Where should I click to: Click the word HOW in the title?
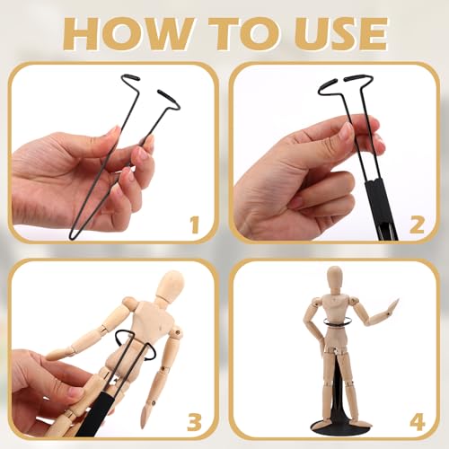pos(128,34)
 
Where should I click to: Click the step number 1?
pos(195,225)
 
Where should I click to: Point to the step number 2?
pos(417,224)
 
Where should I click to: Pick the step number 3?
pos(195,422)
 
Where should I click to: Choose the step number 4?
pos(418,422)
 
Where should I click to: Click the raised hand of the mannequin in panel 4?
pos(392,306)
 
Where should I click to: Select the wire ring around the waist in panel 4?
pos(336,322)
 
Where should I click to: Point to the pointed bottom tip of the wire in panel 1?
pos(72,236)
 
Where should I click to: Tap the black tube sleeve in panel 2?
pos(381,209)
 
